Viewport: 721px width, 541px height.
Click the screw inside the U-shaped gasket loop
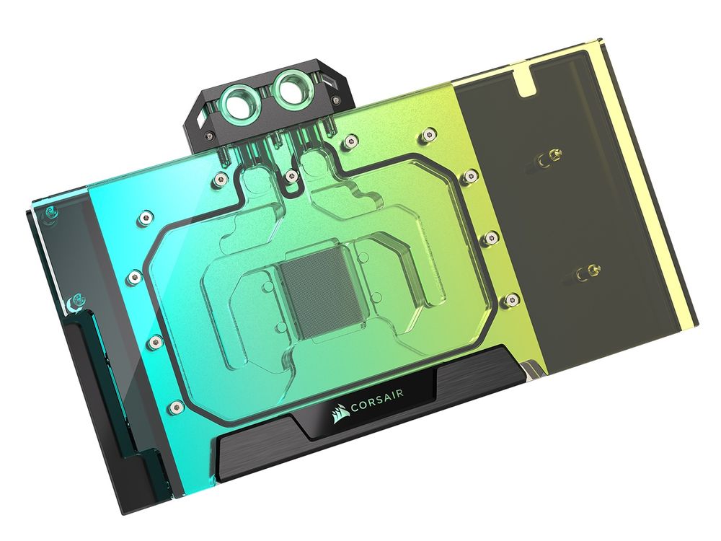290,175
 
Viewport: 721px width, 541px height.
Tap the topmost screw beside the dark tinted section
430,133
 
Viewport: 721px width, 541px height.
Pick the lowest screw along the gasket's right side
513,297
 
